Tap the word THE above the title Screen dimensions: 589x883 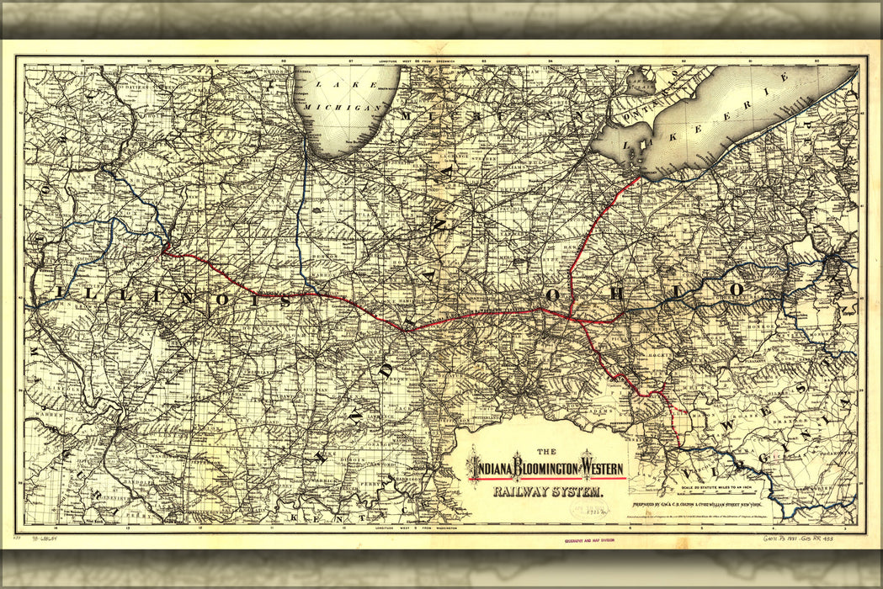546,451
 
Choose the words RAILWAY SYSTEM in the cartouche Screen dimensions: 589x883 547,491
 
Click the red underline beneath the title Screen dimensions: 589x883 547,479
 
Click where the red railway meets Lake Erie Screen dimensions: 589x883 641,178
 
